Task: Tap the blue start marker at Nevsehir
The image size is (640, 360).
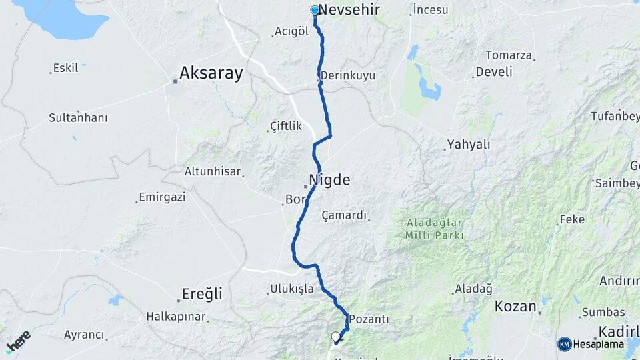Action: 315,10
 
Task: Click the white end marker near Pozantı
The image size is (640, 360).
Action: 336,337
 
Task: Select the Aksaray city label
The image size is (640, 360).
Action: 211,73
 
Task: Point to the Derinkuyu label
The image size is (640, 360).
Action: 347,75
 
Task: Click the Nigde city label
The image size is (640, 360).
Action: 329,179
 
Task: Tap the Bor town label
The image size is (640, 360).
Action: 294,199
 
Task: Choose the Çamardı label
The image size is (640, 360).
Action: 344,215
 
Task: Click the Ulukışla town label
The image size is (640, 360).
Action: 291,289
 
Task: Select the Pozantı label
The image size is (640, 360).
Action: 369,319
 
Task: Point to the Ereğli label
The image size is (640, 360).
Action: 203,294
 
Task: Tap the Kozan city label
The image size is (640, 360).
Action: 515,307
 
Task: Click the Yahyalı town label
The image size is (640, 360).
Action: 469,144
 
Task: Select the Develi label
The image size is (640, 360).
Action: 494,71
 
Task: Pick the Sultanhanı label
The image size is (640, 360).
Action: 78,117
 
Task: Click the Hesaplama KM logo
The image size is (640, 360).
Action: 591,344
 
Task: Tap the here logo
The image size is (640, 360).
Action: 18,341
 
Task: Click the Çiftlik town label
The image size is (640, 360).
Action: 286,126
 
